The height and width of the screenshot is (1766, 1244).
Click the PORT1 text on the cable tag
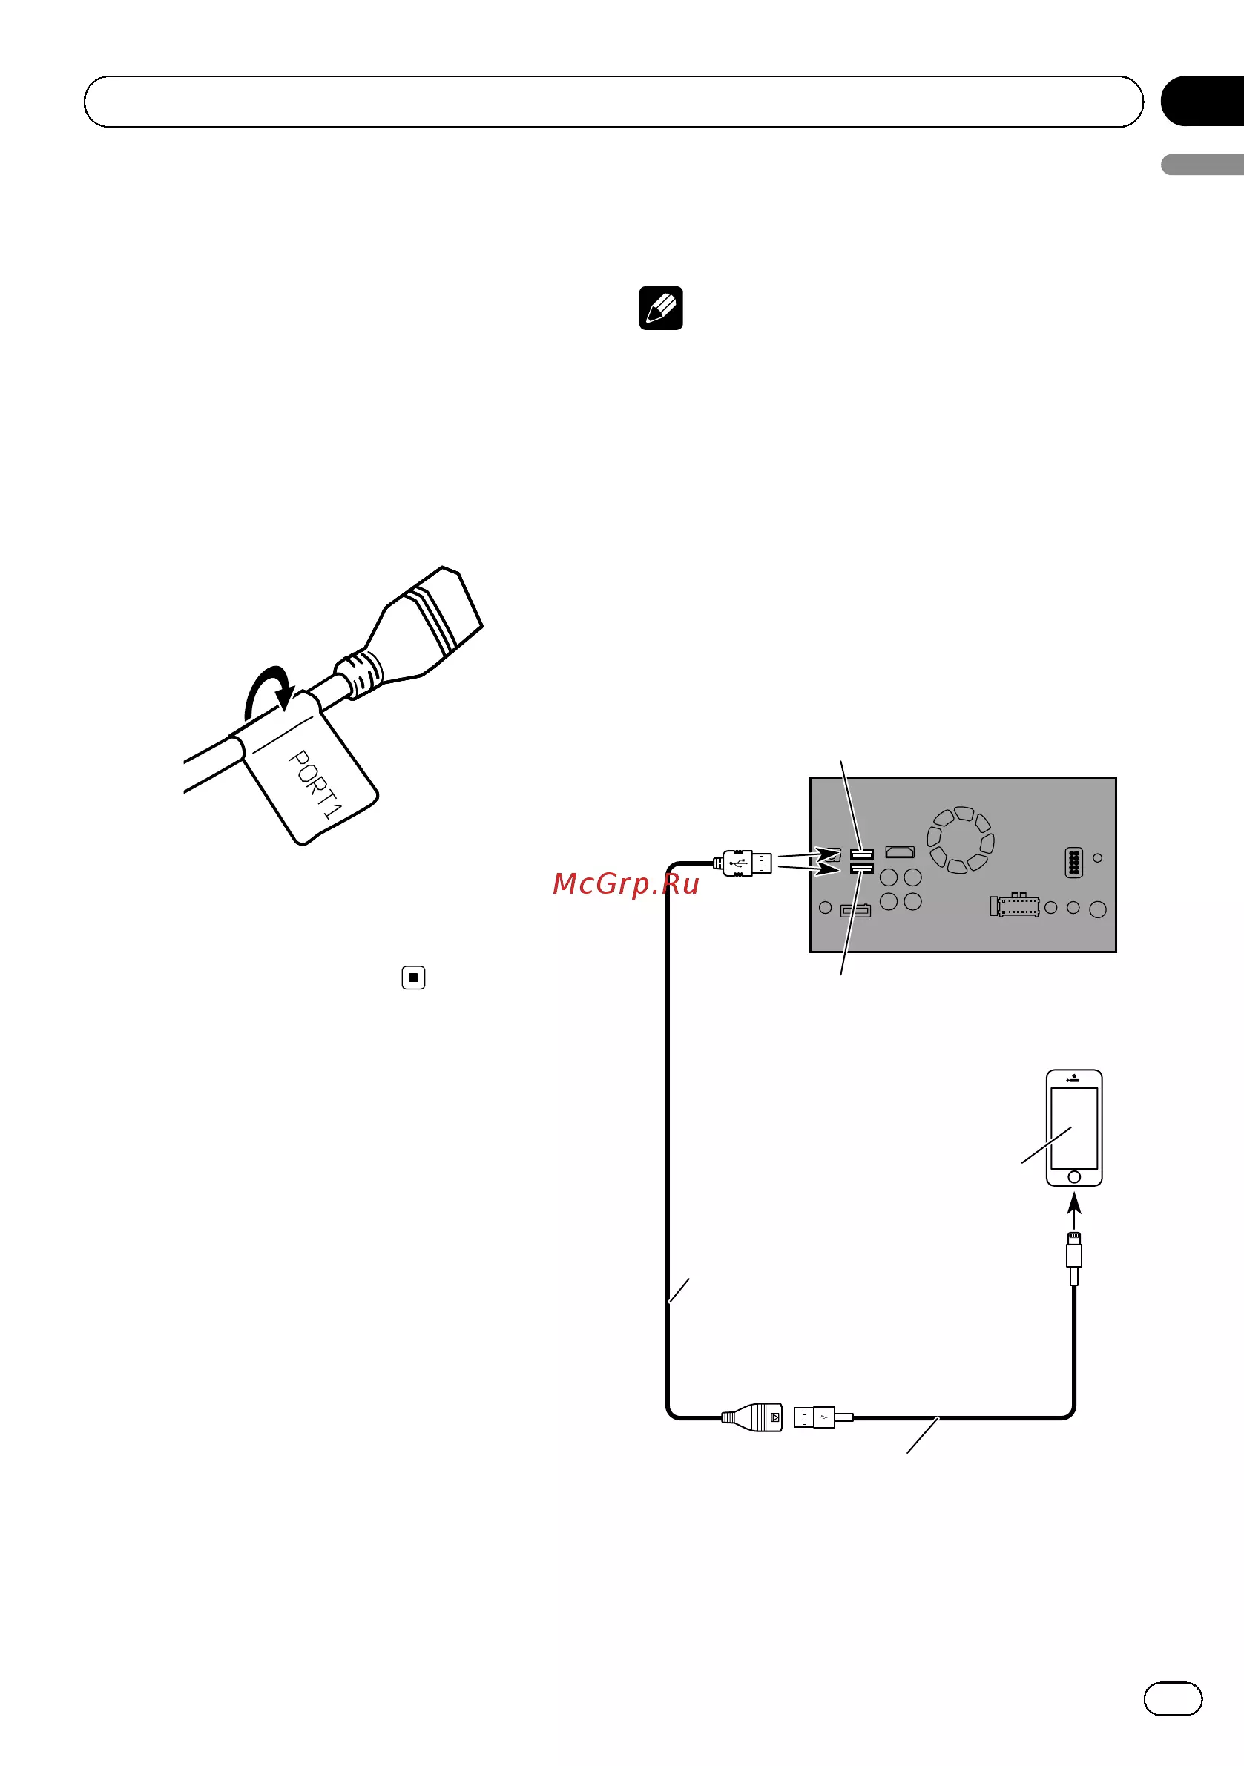(315, 784)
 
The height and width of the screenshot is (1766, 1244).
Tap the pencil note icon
(661, 309)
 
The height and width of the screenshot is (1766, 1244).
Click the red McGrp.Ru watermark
(625, 884)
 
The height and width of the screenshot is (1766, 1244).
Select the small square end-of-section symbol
(413, 978)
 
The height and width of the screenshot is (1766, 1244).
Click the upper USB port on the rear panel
(862, 854)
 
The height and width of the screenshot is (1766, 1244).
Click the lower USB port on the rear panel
(862, 869)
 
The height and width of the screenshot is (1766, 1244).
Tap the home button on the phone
(1074, 1177)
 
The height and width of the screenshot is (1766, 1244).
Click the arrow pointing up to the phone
(1074, 1210)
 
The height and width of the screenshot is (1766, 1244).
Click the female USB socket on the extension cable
(752, 1417)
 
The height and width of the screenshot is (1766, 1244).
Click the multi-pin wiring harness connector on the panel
(1015, 905)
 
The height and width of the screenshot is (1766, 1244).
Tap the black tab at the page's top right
(1202, 101)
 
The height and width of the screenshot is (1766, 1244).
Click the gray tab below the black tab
(1202, 165)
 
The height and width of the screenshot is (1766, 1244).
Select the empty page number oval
(1173, 1699)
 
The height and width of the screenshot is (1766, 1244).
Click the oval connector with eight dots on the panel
(1073, 863)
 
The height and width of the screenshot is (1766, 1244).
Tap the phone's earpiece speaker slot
(1074, 1081)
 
